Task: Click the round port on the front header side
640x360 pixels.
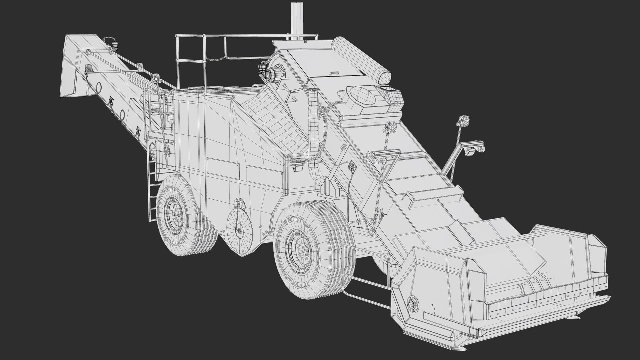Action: pyautogui.click(x=412, y=304)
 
